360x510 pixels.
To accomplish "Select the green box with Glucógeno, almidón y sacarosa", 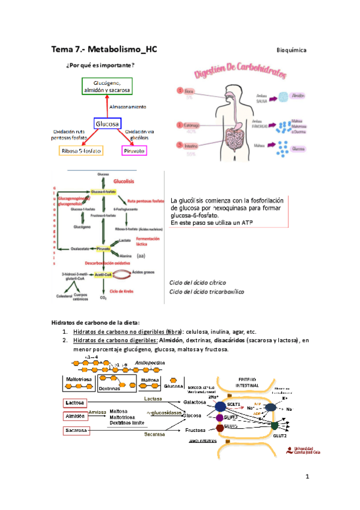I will pyautogui.click(x=106, y=87).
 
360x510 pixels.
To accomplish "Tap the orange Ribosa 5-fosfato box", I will pyautogui.click(x=81, y=151).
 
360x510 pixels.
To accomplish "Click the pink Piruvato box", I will pyautogui.click(x=135, y=151).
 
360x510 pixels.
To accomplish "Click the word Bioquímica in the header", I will pyautogui.click(x=291, y=50).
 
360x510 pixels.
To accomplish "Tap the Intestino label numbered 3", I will pyautogui.click(x=192, y=145).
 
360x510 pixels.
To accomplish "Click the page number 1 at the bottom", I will pyautogui.click(x=307, y=477).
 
